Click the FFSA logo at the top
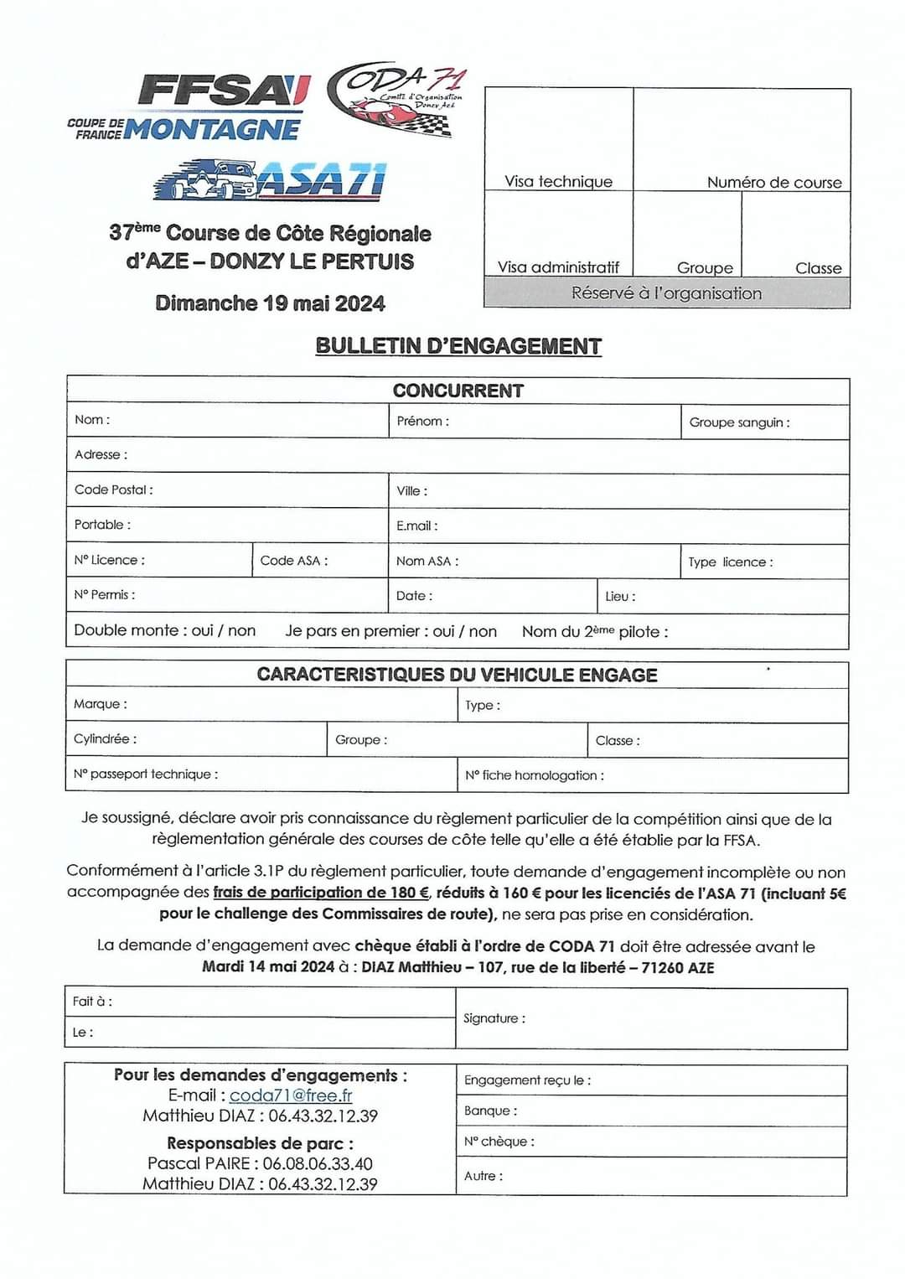coord(224,91)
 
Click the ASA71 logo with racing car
coord(270,180)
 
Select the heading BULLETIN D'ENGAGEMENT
coord(458,346)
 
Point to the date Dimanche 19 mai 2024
coord(270,303)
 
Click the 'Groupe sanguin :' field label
coord(739,422)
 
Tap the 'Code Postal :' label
coord(114,489)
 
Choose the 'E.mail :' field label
coord(416,526)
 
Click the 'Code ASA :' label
coord(294,560)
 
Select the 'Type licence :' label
coord(731,562)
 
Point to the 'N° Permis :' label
coord(105,594)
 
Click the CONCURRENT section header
coord(458,391)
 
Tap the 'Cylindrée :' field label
coord(106,738)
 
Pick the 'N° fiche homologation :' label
coord(535,775)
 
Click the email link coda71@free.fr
coord(291,1095)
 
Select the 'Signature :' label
coord(494,1018)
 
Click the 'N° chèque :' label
coord(499,1142)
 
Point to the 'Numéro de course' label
coord(774,182)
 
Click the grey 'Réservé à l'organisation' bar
coord(667,293)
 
